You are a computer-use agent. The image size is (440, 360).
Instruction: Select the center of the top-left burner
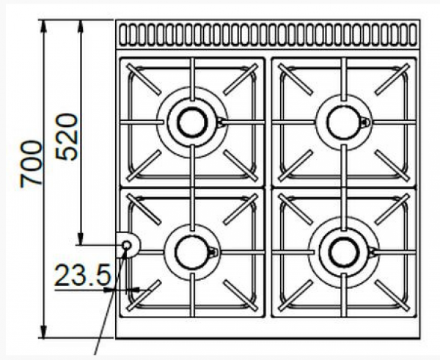point(192,120)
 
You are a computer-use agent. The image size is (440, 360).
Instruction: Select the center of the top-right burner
point(342,120)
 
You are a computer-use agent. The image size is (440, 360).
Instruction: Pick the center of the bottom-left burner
point(192,251)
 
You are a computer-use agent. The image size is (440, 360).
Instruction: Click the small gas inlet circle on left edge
point(126,244)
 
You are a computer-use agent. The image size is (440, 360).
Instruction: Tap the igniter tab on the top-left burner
point(221,122)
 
